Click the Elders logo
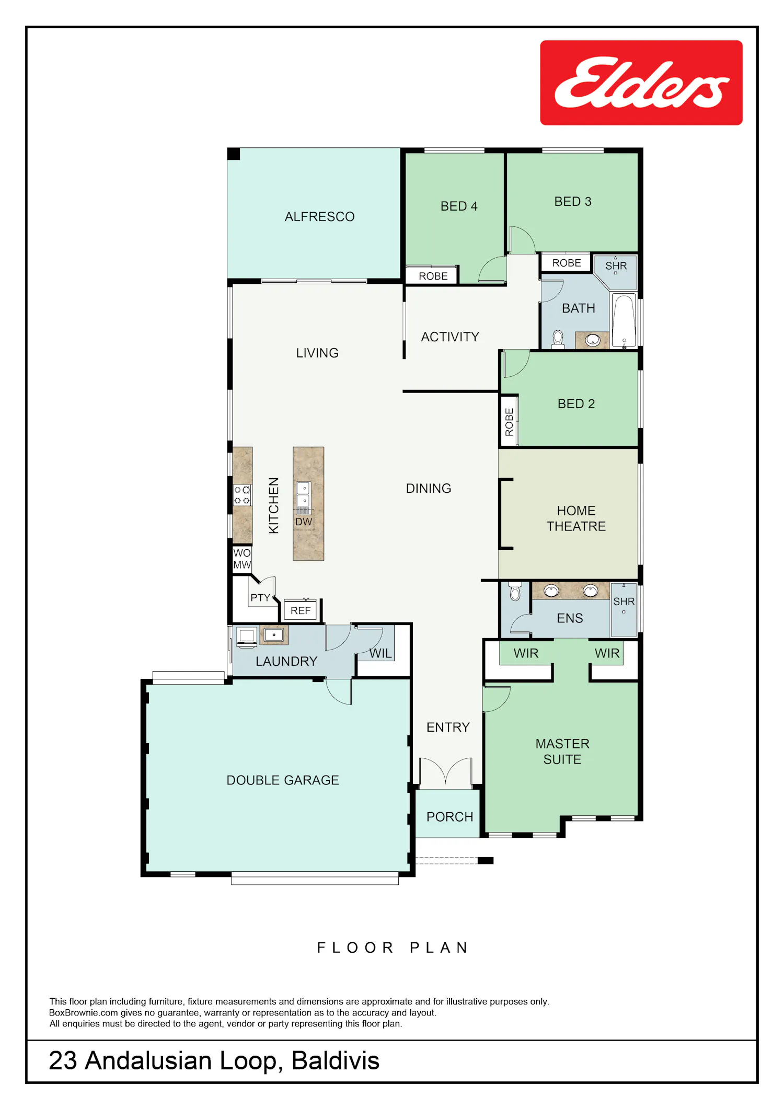(641, 83)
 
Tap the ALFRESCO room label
(319, 217)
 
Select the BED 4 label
(459, 206)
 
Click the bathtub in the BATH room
(624, 320)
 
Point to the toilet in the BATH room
(558, 339)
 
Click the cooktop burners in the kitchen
(242, 495)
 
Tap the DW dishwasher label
(304, 522)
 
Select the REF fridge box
(301, 610)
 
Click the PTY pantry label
(260, 598)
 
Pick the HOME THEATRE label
(576, 518)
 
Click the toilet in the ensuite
(515, 591)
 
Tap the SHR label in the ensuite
(624, 602)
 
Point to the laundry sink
(274, 635)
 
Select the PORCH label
(449, 817)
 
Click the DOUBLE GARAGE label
(283, 780)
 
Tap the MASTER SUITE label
(562, 752)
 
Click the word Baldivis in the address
(336, 1060)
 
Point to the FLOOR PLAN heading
(393, 948)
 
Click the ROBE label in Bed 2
(509, 422)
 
